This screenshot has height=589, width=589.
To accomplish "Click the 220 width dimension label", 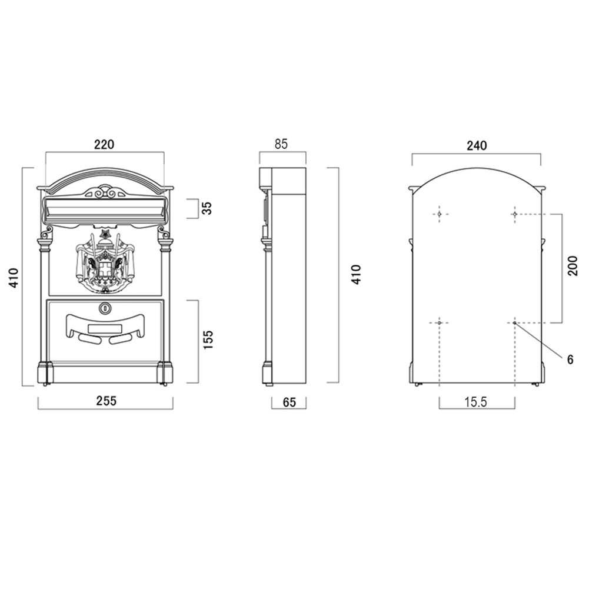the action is tap(104, 144).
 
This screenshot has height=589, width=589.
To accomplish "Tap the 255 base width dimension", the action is tap(107, 401).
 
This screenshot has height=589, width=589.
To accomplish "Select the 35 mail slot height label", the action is tap(207, 208).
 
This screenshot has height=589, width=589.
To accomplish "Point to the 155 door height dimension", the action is tap(208, 340).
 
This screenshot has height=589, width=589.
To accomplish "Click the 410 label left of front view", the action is tap(14, 278).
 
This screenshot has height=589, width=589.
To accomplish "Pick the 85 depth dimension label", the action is tap(281, 144).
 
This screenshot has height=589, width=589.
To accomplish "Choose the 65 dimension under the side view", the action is tap(289, 402).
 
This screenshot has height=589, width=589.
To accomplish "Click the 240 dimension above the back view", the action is tap(477, 145).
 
